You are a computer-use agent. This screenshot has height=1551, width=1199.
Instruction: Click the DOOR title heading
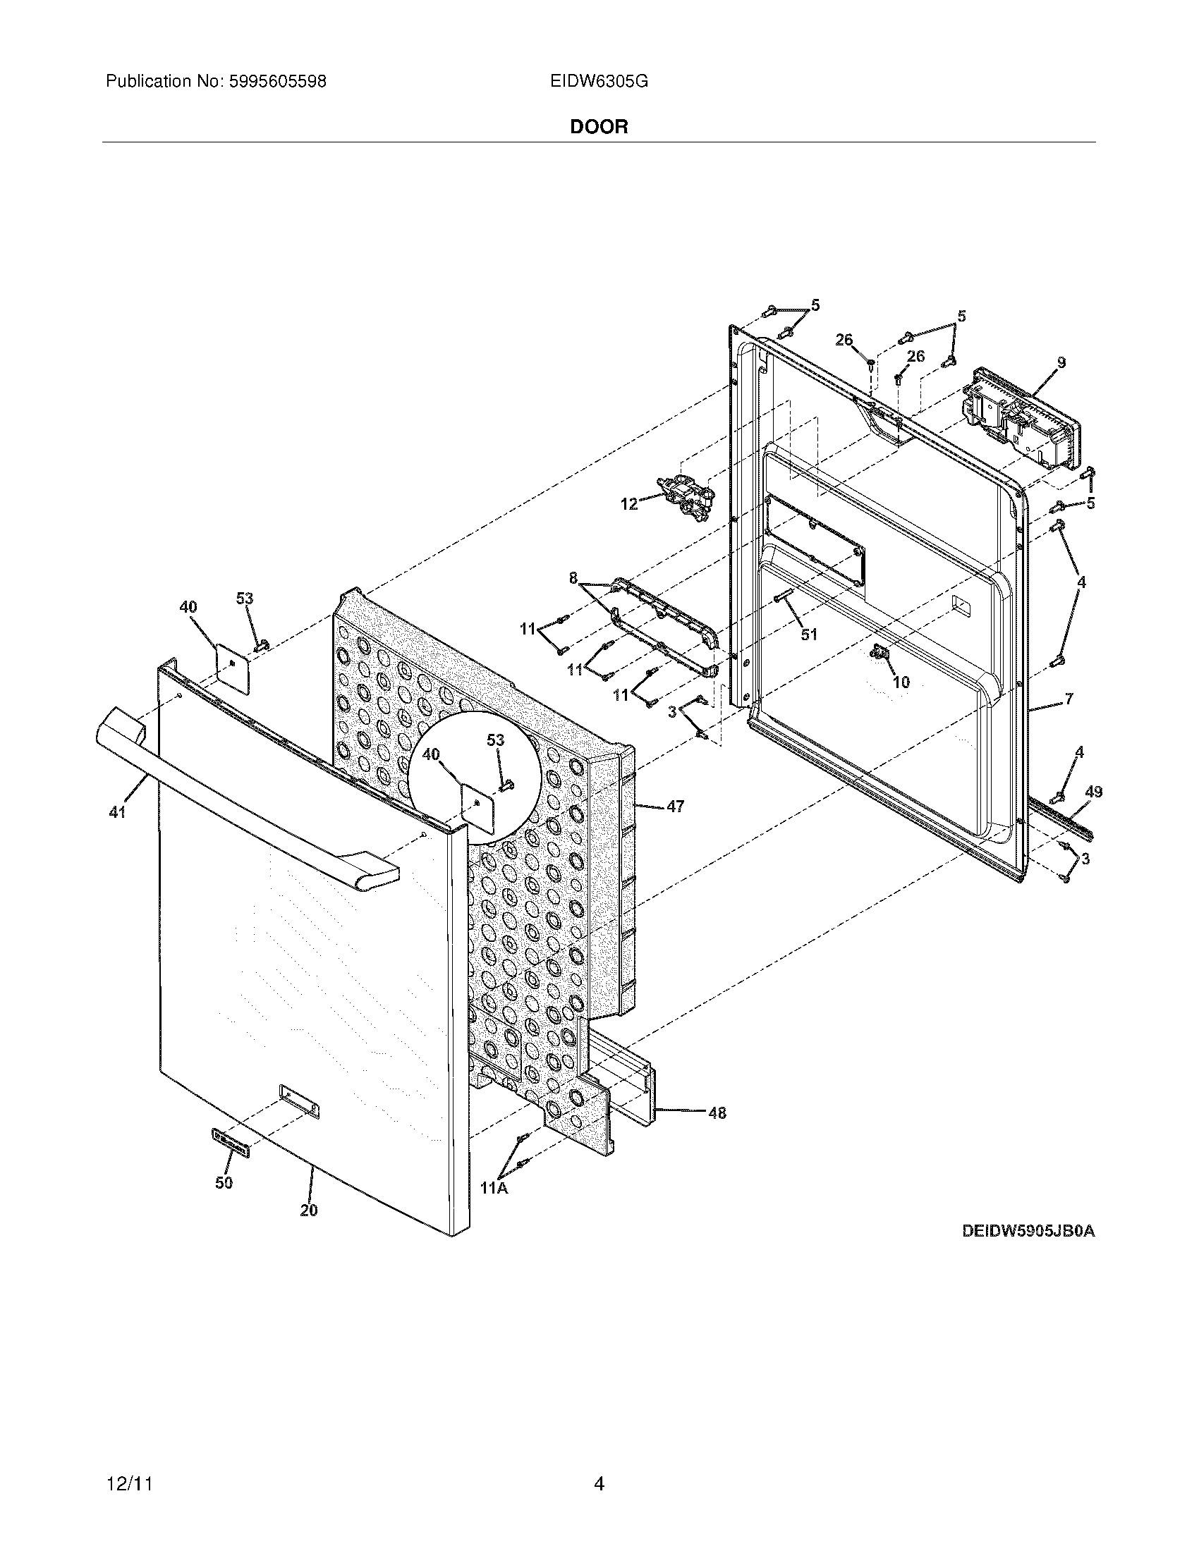coord(599,127)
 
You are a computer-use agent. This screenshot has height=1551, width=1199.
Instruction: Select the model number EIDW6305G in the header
coord(599,82)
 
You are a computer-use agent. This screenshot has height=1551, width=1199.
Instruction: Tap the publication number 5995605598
coord(277,82)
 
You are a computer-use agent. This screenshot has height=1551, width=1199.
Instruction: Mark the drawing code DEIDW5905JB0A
coord(1028,1231)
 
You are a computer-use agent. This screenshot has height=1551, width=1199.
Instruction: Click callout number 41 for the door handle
coord(117,812)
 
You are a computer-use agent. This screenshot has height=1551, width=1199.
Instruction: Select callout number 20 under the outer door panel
coord(308,1210)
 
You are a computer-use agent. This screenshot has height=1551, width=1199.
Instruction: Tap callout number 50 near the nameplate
coord(224,1182)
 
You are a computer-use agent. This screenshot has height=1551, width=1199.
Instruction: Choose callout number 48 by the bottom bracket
coord(717,1112)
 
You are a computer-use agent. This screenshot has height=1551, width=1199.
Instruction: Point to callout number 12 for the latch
coord(629,504)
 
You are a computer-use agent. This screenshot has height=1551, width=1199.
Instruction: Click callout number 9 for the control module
coord(1061,362)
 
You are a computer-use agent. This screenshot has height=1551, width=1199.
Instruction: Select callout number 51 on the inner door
coord(809,634)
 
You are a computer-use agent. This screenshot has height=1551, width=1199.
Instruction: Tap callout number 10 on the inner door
coord(901,682)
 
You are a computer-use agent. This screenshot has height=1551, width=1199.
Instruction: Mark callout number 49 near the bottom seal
coord(1094,792)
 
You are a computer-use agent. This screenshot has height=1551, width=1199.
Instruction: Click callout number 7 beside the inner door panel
coord(1069,699)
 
